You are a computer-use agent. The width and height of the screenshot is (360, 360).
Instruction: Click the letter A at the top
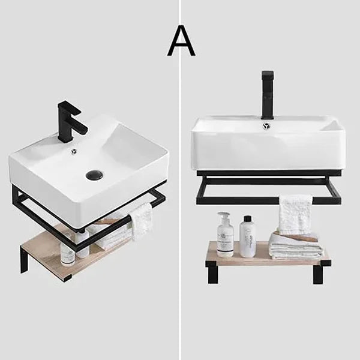tap(181, 41)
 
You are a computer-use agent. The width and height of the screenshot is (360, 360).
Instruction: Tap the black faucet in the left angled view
tap(69, 120)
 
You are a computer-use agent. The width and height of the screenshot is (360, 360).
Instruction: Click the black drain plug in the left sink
tap(94, 175)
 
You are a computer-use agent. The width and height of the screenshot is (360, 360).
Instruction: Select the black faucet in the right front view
tap(267, 94)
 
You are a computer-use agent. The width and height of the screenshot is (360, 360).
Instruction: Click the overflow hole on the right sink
tap(266, 125)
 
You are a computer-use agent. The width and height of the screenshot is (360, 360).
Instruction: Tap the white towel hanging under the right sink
tap(295, 214)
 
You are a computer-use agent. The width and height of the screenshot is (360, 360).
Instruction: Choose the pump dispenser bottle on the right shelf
tap(226, 236)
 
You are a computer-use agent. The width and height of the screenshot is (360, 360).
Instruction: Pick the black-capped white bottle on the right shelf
tap(247, 238)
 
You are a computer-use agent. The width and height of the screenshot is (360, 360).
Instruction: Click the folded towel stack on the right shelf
tap(295, 245)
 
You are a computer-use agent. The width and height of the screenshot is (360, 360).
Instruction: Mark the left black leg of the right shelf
tap(213, 273)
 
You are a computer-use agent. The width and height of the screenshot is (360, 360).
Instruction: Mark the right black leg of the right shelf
tap(318, 274)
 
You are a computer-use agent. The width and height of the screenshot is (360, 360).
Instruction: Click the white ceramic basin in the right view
tap(268, 147)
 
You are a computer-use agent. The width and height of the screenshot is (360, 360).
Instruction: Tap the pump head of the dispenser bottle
tap(224, 215)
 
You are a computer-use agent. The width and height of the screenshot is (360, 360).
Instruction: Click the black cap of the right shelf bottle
tap(247, 219)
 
